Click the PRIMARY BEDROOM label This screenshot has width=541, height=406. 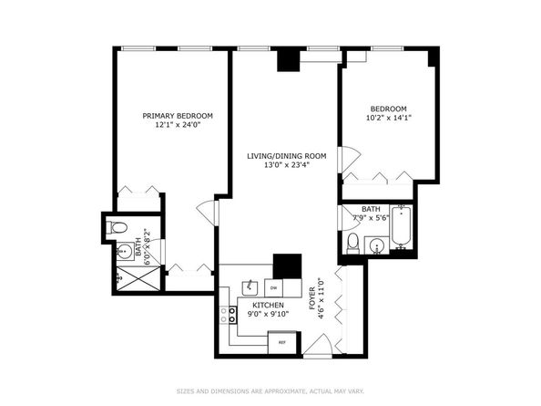tap(178, 116)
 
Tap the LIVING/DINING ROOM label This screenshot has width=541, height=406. tap(285, 156)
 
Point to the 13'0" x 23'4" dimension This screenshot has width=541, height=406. tap(285, 166)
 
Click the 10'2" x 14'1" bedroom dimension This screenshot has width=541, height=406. tap(388, 118)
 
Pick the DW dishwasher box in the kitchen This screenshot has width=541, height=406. tap(271, 285)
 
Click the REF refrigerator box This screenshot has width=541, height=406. tap(282, 342)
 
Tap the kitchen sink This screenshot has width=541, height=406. tap(246, 286)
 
